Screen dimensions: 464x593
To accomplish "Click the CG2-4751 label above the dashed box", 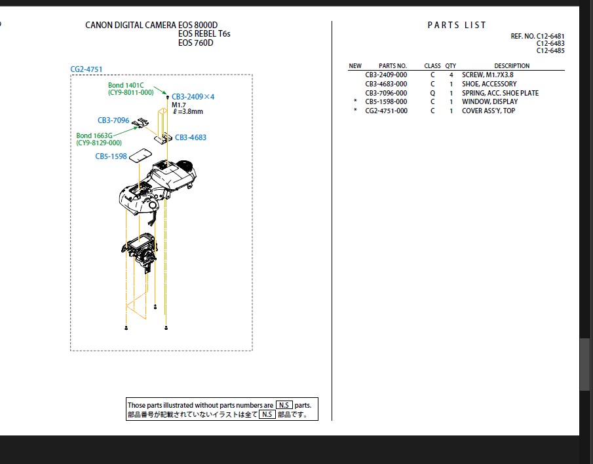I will pos(86,69).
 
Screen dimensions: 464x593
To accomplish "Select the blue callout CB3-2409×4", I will pos(193,97).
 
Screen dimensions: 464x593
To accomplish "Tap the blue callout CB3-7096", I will pos(113,120).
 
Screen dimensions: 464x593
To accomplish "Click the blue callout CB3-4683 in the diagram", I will pos(191,138).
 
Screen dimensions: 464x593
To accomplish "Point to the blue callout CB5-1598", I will pos(111,156).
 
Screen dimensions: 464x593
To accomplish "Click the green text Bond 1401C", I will pos(126,85).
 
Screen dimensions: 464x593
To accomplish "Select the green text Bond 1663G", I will pos(94,135).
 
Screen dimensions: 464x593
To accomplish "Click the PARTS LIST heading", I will pos(457,25).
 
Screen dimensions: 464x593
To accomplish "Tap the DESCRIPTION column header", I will pos(512,66).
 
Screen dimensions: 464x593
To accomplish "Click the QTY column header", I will pos(451,66).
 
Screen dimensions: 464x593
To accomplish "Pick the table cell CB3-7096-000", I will pos(386,93).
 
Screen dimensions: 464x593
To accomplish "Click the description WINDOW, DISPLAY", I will pos(489,102).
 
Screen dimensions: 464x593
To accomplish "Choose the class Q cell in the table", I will pos(432,93).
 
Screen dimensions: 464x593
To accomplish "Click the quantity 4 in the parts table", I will pos(451,75).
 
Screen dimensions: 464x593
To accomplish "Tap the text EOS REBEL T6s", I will pos(204,34).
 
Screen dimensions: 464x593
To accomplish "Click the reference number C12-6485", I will pos(550,50).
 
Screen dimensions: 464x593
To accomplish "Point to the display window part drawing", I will pos(140,156).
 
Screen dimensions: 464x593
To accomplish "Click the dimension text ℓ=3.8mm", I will pos(187,112).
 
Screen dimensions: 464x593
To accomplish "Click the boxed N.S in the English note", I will pos(284,405).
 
